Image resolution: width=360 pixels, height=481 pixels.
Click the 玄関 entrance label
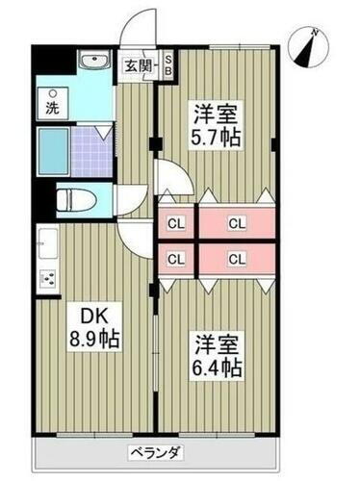pyautogui.click(x=138, y=66)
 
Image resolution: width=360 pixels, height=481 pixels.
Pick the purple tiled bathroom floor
pyautogui.click(x=92, y=152)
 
